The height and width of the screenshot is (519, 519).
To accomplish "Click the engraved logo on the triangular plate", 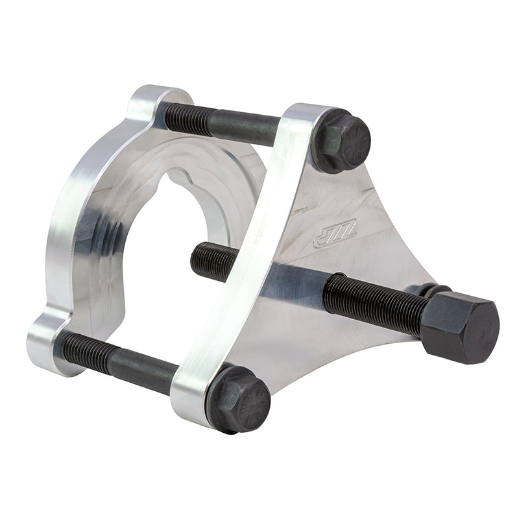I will click(x=334, y=234).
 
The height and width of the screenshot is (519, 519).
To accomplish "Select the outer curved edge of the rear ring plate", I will click(x=65, y=214).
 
